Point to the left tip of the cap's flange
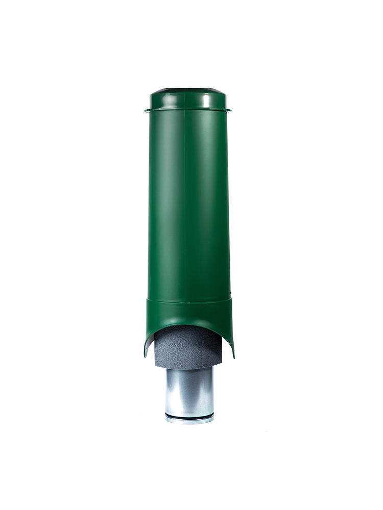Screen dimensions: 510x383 (146, 110)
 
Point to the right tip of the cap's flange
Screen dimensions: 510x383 (230, 110)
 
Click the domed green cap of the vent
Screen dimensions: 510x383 (188, 99)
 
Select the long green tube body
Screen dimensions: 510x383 (188, 204)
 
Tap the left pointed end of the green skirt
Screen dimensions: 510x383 (146, 354)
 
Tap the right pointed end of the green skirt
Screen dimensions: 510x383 (233, 355)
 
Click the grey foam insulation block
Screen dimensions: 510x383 (188, 347)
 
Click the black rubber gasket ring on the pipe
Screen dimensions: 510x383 (189, 417)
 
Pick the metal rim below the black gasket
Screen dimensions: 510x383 (189, 421)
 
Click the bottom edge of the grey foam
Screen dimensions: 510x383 (188, 368)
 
